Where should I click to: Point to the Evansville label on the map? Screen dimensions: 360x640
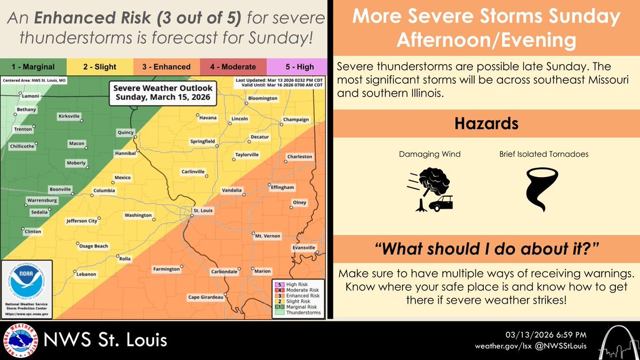tap(303, 248)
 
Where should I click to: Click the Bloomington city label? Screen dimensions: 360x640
tap(262, 99)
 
